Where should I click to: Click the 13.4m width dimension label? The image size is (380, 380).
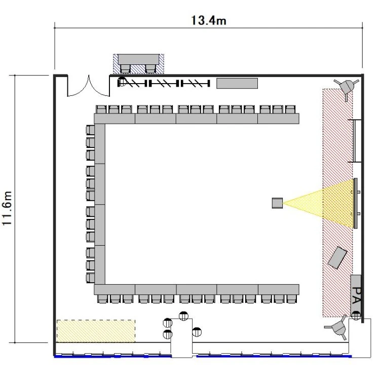[x=209, y=20]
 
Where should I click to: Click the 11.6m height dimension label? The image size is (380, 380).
[x=7, y=208]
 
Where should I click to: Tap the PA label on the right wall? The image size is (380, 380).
[x=356, y=295]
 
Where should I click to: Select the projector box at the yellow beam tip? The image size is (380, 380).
[x=277, y=203]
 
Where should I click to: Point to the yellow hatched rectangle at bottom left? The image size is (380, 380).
[x=96, y=331]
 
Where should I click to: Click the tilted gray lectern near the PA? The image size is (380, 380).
[x=337, y=257]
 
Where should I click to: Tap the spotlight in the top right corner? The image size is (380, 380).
[x=347, y=87]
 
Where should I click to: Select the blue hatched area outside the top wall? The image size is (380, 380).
[x=138, y=64]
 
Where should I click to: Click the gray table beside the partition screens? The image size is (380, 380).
[x=237, y=83]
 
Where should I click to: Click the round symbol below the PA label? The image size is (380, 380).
[x=356, y=315]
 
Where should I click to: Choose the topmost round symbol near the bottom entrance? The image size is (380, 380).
[x=183, y=316]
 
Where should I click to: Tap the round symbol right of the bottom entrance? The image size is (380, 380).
[x=197, y=332]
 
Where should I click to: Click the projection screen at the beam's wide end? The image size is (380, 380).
[x=356, y=203]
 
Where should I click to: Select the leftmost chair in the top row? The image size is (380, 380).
[x=101, y=109]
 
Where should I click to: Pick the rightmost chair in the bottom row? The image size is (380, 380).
[x=291, y=299]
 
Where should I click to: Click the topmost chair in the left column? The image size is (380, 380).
[x=90, y=130]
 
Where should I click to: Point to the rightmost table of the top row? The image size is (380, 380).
[x=279, y=119]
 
